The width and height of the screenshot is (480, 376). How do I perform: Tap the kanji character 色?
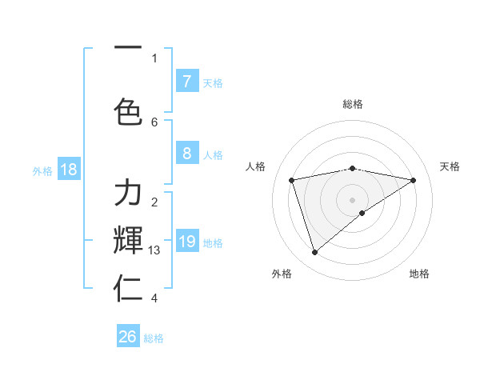click(x=128, y=111)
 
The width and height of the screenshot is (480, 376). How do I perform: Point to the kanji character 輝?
click(x=128, y=239)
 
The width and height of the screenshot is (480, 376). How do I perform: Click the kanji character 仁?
click(x=128, y=288)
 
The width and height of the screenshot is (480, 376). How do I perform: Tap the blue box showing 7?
click(x=186, y=82)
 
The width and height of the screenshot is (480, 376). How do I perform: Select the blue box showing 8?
click(x=186, y=154)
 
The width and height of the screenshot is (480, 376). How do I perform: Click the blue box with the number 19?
click(x=186, y=242)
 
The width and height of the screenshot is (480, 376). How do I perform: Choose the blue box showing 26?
click(x=128, y=337)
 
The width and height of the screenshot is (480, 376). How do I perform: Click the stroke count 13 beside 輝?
click(x=154, y=250)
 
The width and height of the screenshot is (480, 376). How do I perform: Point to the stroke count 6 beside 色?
click(x=154, y=122)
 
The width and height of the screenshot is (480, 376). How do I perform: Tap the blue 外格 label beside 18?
click(x=42, y=170)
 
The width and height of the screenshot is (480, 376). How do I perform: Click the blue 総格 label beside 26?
click(x=154, y=338)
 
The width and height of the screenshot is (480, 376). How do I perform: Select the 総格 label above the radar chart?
click(x=353, y=104)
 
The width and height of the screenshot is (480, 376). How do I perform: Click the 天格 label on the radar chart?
click(x=450, y=166)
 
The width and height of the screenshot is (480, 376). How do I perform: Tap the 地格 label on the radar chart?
click(x=419, y=274)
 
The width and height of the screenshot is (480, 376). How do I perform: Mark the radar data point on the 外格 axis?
click(x=314, y=253)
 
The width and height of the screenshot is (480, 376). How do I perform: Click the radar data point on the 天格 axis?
click(x=414, y=180)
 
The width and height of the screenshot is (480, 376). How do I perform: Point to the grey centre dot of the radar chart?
click(x=353, y=199)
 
